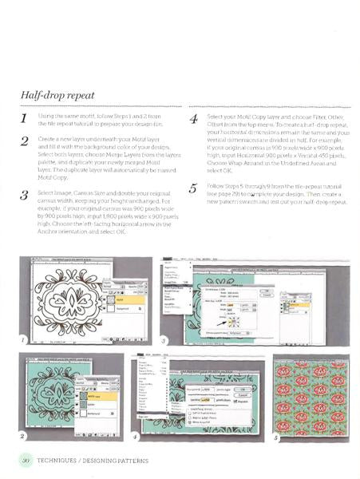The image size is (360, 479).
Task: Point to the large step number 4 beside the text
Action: pyautogui.click(x=192, y=122)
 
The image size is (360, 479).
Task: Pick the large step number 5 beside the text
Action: pyautogui.click(x=192, y=190)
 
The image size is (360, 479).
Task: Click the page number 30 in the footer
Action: pyautogui.click(x=26, y=461)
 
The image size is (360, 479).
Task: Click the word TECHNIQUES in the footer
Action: pyautogui.click(x=65, y=461)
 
